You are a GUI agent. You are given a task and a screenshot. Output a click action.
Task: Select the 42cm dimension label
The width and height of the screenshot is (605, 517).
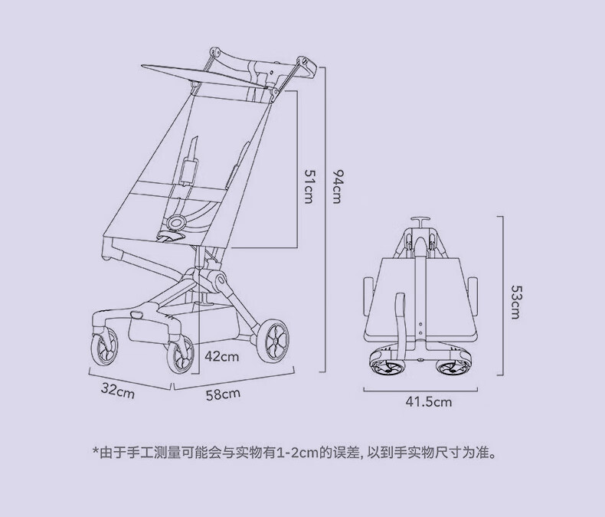(x=222, y=356)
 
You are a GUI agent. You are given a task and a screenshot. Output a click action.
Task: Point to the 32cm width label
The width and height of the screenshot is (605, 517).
(x=118, y=391)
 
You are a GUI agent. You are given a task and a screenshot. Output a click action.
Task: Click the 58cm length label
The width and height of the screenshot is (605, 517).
(x=223, y=394)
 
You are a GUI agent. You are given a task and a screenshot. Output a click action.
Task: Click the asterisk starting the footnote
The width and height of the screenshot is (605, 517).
(x=96, y=452)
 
